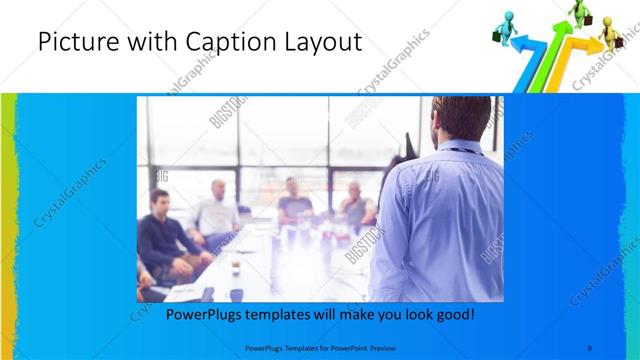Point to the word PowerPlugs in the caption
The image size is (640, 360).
[204, 314]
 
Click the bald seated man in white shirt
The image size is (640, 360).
[215, 210]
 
